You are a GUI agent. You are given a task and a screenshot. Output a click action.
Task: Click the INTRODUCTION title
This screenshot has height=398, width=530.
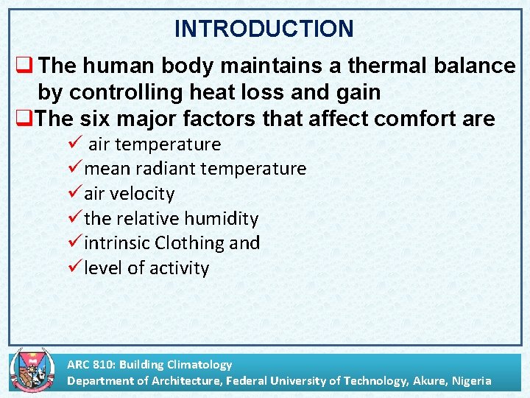pyautogui.click(x=264, y=29)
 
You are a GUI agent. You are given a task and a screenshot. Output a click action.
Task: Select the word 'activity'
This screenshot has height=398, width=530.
pyautogui.click(x=179, y=268)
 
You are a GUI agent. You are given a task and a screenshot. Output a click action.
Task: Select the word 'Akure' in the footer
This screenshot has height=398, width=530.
pyautogui.click(x=426, y=381)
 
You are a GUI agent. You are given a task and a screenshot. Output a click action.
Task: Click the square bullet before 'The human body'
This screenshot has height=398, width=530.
pyautogui.click(x=20, y=66)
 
